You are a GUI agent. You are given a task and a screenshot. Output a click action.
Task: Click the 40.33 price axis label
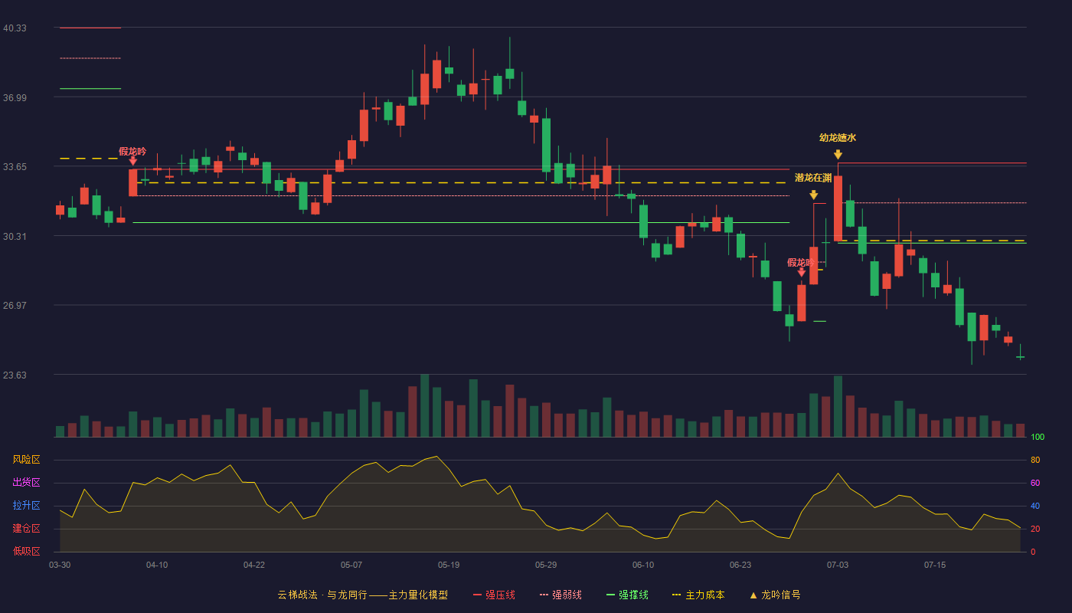(x=15, y=28)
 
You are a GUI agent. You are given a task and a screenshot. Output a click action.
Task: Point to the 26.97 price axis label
(x=15, y=306)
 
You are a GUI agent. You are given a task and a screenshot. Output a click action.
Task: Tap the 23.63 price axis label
(x=15, y=375)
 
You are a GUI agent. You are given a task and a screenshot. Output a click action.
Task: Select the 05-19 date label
(x=449, y=565)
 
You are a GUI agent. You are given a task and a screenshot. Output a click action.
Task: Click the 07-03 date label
(x=838, y=565)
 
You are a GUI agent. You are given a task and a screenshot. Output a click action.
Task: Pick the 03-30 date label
(x=60, y=565)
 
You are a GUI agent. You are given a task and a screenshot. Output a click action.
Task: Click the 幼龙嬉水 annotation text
(x=838, y=138)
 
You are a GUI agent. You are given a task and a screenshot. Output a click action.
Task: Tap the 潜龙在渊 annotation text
(x=813, y=178)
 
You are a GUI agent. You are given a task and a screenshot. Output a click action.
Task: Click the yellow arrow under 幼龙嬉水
(x=838, y=155)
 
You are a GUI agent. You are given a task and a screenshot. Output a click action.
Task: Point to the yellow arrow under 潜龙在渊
(x=813, y=195)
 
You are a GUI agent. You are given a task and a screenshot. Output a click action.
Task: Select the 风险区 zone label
(x=26, y=460)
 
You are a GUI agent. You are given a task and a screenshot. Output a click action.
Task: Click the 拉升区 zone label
(x=26, y=506)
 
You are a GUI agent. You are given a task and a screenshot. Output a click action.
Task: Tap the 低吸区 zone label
(x=26, y=552)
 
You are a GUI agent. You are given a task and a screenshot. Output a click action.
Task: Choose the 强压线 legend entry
(x=494, y=595)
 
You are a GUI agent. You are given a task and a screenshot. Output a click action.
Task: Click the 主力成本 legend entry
(x=698, y=595)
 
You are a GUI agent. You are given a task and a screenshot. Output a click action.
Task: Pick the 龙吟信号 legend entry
(x=775, y=595)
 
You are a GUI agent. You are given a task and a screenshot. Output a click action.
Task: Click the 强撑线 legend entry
(x=627, y=595)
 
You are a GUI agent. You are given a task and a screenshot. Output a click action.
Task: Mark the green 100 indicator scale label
(x=1038, y=437)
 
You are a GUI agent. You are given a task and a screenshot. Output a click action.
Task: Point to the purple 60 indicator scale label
(x=1035, y=483)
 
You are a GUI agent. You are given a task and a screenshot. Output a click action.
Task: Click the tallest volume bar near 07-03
(x=838, y=406)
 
